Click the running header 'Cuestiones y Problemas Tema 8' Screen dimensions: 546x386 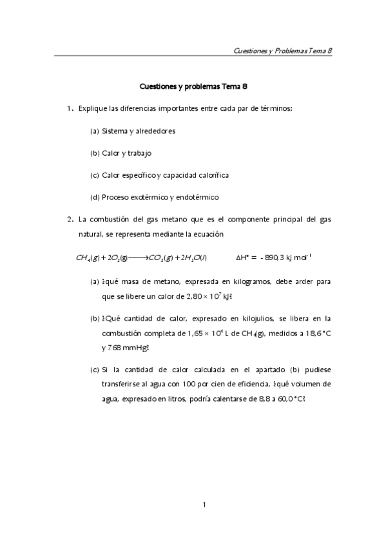click(x=282, y=50)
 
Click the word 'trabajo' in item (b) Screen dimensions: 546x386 click(x=139, y=153)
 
